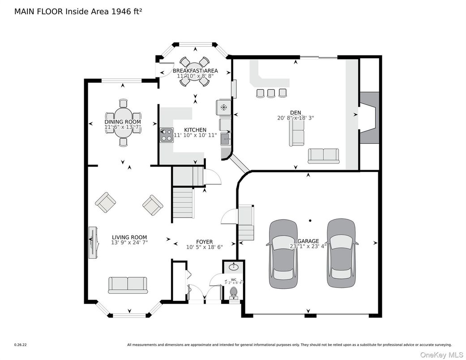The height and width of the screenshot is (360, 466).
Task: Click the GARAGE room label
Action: (308, 241)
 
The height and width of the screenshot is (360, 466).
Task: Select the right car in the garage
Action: (342, 253)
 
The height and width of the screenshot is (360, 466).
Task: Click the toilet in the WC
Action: (233, 293)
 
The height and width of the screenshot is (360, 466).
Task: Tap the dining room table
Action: (123, 122)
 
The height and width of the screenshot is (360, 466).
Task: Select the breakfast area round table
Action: (195, 71)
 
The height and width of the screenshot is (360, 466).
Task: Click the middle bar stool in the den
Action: (271, 93)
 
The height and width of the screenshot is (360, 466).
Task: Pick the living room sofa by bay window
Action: (128, 284)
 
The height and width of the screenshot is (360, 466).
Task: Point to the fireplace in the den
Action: (369, 117)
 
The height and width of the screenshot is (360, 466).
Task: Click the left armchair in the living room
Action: (106, 202)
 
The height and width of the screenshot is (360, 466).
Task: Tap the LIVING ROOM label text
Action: (129, 237)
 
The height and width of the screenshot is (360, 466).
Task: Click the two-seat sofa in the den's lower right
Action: (323, 155)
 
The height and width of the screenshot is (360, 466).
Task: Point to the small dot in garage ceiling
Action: (310, 220)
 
